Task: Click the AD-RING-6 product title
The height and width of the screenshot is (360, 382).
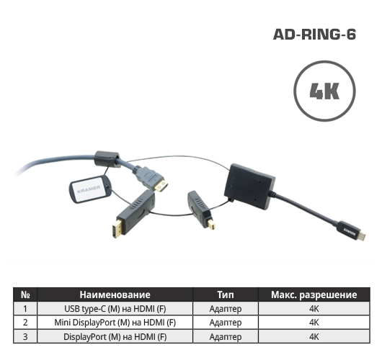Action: pos(314,35)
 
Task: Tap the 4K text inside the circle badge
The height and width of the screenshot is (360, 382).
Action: pos(324,91)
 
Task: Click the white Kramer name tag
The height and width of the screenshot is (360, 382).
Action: pos(89,189)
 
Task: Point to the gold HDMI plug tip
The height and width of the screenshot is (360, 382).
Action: pos(161,186)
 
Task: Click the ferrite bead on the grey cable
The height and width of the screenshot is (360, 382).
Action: pos(107,159)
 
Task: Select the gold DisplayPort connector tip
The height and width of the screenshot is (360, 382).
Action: pos(117,229)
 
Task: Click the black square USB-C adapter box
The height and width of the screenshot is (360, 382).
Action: pos(249,186)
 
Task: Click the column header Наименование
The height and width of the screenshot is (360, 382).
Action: pos(115,294)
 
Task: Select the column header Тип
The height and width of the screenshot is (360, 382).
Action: pos(226,294)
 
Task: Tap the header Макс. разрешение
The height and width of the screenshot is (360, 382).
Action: pos(314,295)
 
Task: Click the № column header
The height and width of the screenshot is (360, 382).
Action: pos(25,294)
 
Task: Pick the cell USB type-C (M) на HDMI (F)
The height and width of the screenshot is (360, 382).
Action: pos(115,309)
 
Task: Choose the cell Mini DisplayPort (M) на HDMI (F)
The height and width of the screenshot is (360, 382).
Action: pos(115,323)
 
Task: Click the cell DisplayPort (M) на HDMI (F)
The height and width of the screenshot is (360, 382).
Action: pos(115,337)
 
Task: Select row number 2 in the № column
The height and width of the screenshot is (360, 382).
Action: pos(25,323)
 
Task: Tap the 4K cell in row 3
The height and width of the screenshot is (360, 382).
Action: pos(314,337)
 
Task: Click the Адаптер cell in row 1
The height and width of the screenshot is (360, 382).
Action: pos(226,309)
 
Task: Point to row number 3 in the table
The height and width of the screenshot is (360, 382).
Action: pos(25,337)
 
